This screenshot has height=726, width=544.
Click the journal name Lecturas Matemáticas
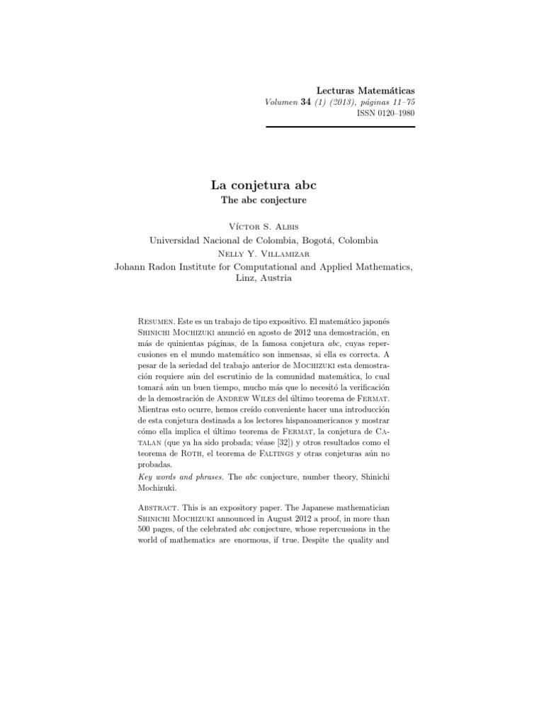(x=365, y=91)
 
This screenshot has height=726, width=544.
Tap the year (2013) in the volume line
(x=341, y=103)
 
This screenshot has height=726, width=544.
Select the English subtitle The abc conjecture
(x=263, y=201)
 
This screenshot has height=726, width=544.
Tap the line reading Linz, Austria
(x=263, y=279)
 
